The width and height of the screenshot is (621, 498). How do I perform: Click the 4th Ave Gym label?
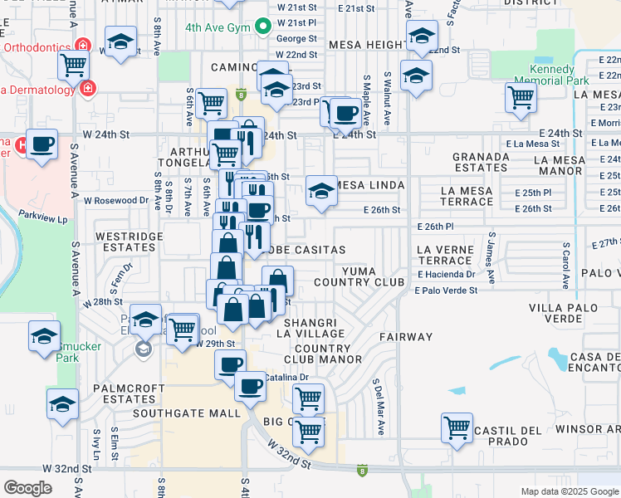pyautogui.click(x=218, y=27)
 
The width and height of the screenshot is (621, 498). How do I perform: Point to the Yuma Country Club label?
pyautogui.click(x=371, y=276)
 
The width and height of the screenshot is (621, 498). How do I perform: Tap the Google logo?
pyautogui.click(x=27, y=488)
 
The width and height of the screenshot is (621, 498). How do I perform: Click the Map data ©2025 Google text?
pyautogui.click(x=569, y=491)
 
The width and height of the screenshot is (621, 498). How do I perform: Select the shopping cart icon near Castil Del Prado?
pyautogui.click(x=457, y=427)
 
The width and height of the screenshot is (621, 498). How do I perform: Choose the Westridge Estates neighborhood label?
pyautogui.click(x=130, y=242)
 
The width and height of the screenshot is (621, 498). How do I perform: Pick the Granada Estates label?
pyautogui.click(x=481, y=161)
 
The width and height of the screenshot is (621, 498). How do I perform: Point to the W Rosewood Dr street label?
pyautogui.click(x=115, y=200)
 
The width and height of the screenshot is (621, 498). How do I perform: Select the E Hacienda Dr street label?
pyautogui.click(x=446, y=274)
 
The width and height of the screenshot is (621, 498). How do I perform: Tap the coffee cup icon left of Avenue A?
pyautogui.click(x=42, y=144)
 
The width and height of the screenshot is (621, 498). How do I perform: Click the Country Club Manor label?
pyautogui.click(x=323, y=354)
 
